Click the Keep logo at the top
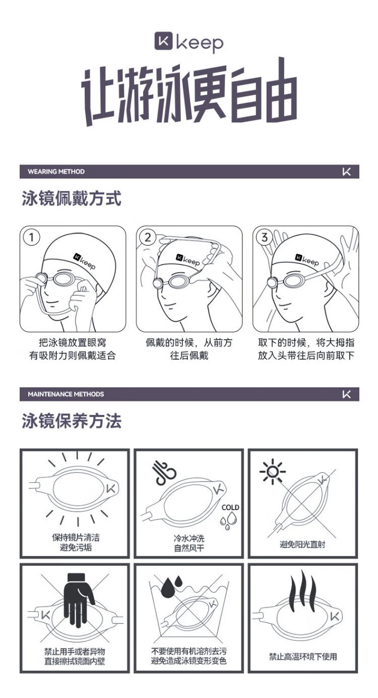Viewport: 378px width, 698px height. [189, 42]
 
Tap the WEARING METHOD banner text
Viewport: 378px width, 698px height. [56, 171]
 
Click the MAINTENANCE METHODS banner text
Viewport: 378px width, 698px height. [66, 394]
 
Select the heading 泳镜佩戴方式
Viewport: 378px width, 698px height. [71, 198]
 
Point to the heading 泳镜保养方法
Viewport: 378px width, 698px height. [71, 421]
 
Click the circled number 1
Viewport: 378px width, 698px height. [31, 238]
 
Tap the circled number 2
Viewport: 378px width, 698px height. [148, 238]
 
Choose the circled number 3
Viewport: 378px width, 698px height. [264, 238]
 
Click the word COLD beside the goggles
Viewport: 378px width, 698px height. [230, 507]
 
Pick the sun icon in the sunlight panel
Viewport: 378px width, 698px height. [273, 472]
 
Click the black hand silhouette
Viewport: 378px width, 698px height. [79, 600]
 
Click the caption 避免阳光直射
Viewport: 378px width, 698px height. [302, 544]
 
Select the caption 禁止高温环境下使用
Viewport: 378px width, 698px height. [303, 656]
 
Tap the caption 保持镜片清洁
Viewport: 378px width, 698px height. [76, 537]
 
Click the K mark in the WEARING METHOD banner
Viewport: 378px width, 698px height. [346, 171]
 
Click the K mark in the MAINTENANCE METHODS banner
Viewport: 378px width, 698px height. [346, 394]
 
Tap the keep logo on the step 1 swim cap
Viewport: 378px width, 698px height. [84, 261]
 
